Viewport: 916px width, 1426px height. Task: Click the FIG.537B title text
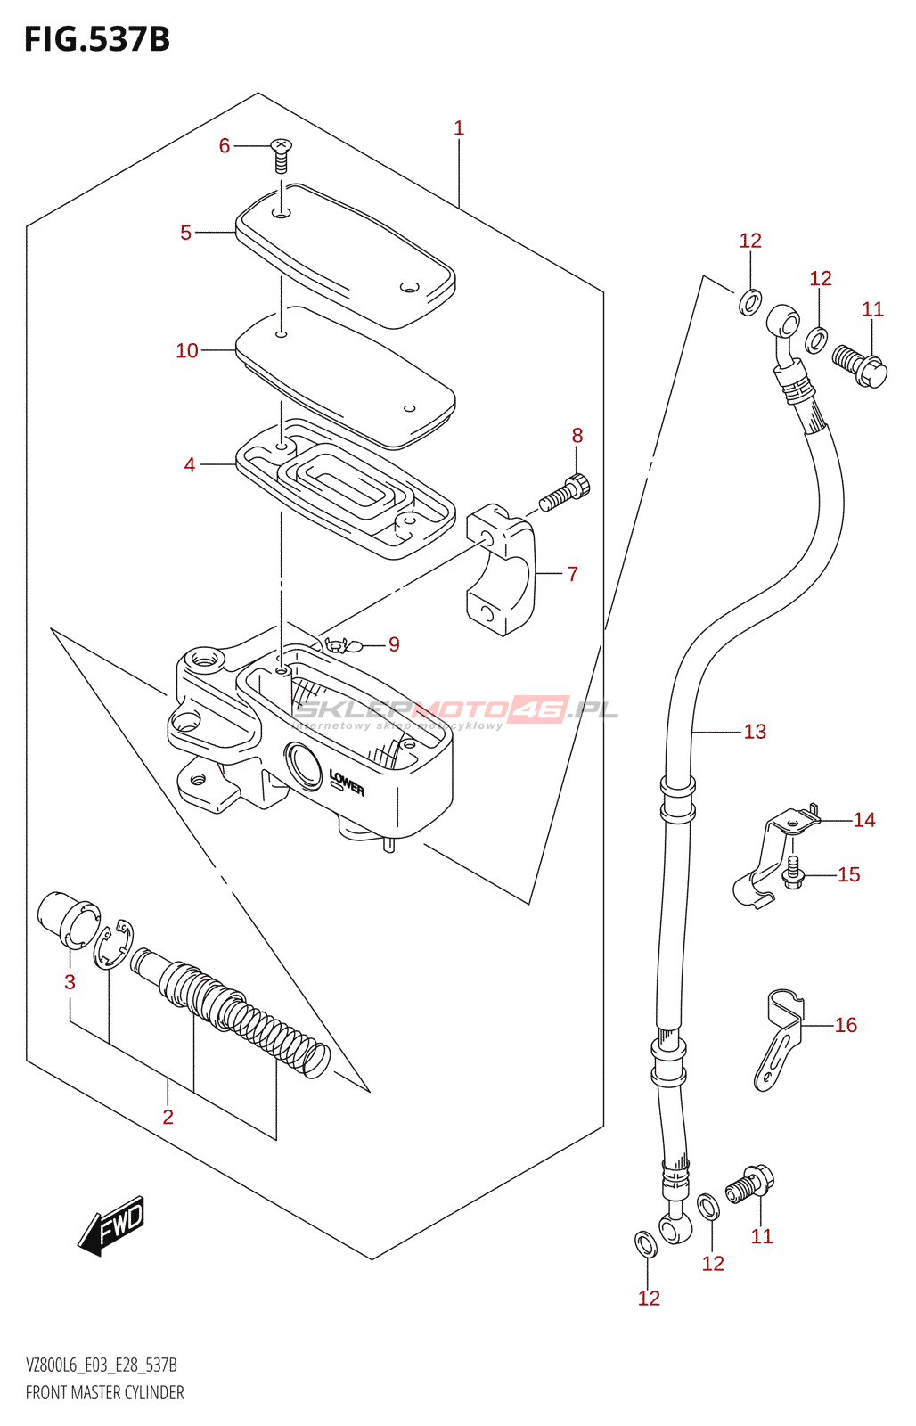pos(97,39)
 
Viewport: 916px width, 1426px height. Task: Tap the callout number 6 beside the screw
pos(224,146)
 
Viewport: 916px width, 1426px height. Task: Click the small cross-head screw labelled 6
pos(281,155)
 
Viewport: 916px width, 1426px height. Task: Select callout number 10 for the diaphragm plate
pos(187,350)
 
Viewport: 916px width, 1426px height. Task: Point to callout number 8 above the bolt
pos(577,436)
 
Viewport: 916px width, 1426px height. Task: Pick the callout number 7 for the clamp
pos(572,574)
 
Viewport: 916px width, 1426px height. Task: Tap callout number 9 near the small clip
pos(394,644)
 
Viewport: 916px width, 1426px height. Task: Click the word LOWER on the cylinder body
pos(347,783)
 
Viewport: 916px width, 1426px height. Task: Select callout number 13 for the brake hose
pos(755,732)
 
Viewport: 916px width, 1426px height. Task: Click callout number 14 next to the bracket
pos(863,819)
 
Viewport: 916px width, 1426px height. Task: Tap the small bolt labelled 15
pos(793,873)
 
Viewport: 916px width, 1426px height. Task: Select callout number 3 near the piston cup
pos(70,981)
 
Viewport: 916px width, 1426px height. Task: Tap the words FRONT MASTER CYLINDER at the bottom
pos(104,1392)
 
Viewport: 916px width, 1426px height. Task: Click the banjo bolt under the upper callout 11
pos(860,365)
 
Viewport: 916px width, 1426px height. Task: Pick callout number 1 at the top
pos(459,128)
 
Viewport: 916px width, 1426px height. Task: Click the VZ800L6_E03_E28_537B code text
pos(102,1365)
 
